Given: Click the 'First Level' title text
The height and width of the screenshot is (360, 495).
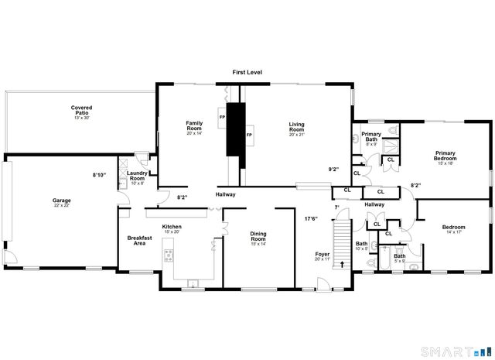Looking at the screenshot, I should pyautogui.click(x=247, y=72).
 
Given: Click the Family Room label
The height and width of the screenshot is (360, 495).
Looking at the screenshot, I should pyautogui.click(x=193, y=127).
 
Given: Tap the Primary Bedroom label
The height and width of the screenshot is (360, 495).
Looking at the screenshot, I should pyautogui.click(x=445, y=157).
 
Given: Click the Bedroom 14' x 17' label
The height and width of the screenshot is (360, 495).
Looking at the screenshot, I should pyautogui.click(x=453, y=230).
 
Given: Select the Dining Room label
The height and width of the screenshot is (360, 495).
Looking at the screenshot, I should pyautogui.click(x=258, y=238).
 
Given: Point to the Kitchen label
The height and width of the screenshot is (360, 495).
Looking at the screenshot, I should pyautogui.click(x=172, y=229).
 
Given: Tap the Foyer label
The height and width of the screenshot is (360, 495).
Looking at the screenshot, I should pyautogui.click(x=323, y=257).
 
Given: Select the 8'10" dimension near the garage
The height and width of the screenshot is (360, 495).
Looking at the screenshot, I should pyautogui.click(x=99, y=175).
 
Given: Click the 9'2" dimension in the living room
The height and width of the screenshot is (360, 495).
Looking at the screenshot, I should pyautogui.click(x=334, y=169).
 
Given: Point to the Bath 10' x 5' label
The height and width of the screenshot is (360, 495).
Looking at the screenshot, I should pyautogui.click(x=361, y=247).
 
